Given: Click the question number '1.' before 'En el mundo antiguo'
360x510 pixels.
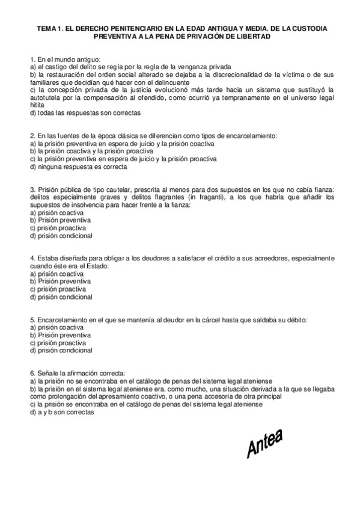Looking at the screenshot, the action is coord(32,60).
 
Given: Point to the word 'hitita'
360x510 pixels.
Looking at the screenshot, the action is coord(37,104).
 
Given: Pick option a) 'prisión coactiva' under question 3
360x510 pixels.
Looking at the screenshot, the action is coord(57,214).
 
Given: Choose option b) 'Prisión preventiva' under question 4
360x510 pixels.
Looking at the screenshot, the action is coord(60,281).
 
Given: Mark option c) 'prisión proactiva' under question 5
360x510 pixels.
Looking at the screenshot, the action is coord(58,343).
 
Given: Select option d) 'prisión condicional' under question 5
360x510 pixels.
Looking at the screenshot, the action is coord(60,350).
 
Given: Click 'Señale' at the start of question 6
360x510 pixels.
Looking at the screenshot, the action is coord(47,373).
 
